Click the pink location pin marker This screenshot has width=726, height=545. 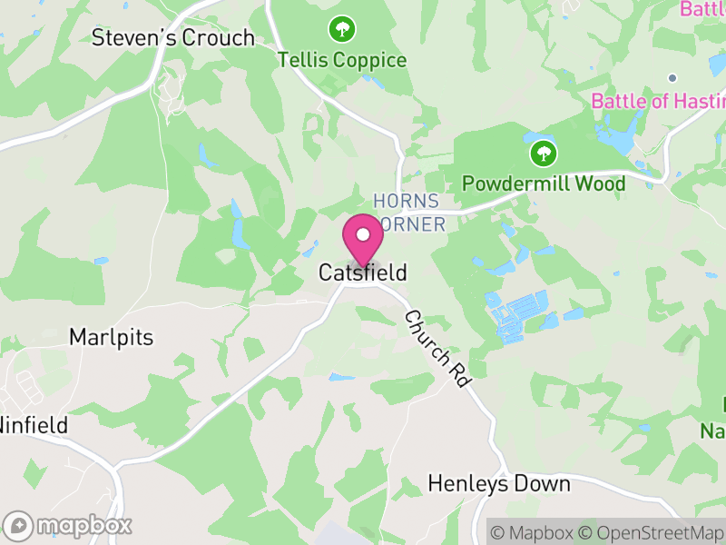[x=363, y=239]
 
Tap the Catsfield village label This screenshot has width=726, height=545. [x=362, y=272]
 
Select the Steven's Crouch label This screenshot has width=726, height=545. [x=173, y=38]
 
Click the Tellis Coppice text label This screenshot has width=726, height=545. [x=342, y=61]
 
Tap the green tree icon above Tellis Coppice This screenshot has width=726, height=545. [x=342, y=29]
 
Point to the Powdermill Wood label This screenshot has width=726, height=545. [x=544, y=183]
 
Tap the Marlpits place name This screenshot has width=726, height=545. [x=111, y=337]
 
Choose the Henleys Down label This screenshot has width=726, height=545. [x=499, y=483]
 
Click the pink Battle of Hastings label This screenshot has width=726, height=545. [x=658, y=100]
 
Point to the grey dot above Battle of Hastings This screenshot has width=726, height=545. [x=672, y=78]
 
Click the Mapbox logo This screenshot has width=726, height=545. [x=68, y=525]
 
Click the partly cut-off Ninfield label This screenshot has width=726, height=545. [x=34, y=424]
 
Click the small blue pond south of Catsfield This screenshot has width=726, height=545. [x=342, y=377]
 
